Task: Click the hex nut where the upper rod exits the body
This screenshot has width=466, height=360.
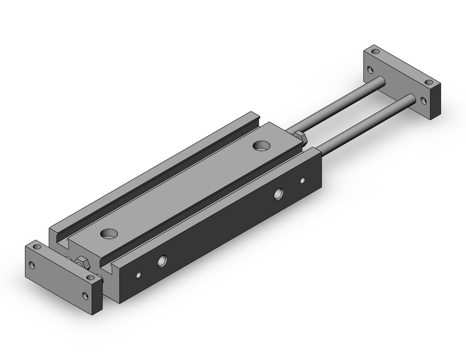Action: [301, 138]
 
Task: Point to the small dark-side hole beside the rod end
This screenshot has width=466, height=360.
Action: [302, 180]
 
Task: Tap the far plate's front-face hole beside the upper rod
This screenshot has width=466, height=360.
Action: [370, 70]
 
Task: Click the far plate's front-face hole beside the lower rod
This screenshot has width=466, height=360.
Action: [423, 100]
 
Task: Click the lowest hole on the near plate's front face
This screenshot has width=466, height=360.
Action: [85, 295]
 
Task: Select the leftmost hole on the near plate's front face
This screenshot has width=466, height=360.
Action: [32, 266]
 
